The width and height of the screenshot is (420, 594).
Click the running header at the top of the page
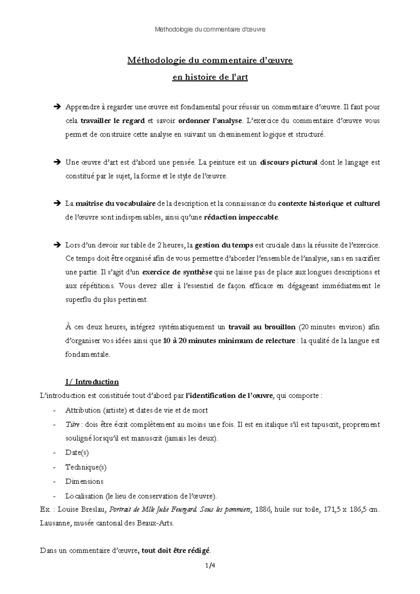[210, 29]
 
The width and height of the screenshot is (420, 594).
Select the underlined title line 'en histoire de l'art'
[210, 77]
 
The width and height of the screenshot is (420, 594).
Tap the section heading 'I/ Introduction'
[92, 382]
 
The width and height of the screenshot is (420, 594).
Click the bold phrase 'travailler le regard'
[113, 121]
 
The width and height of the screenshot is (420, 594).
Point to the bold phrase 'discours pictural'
[289, 163]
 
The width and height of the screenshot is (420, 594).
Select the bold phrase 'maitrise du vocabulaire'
[116, 203]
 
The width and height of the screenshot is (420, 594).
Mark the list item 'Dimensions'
[84, 481]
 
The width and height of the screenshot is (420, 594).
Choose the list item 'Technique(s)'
[86, 467]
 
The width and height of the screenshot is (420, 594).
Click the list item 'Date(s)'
[77, 453]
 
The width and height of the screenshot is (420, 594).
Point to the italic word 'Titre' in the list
[72, 424]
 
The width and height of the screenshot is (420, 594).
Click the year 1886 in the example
[263, 510]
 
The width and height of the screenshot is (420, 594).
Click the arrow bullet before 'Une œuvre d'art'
[57, 163]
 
